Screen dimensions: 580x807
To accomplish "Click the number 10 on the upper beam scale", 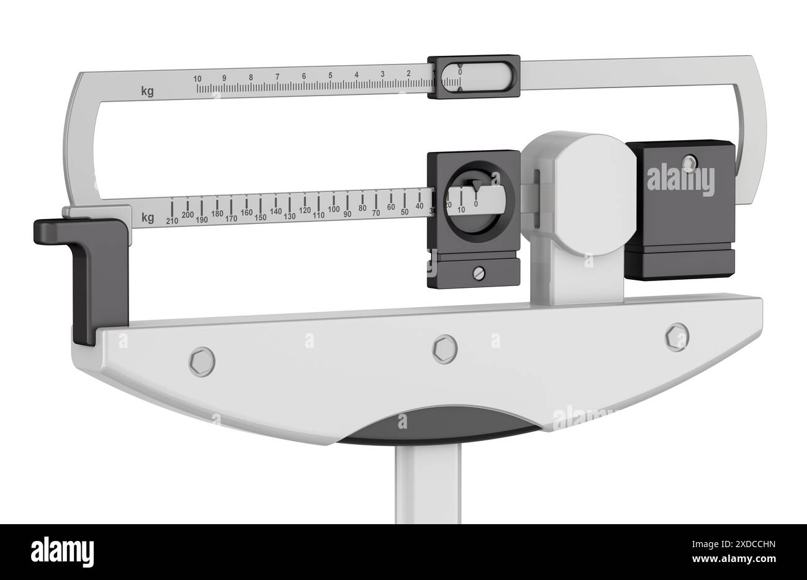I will [x=197, y=79].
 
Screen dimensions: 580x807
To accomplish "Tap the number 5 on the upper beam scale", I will [x=330, y=76].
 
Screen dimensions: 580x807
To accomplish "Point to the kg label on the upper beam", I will [x=147, y=92].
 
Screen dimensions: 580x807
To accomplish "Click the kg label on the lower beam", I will [x=148, y=218].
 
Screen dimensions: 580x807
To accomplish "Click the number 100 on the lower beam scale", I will [x=334, y=209].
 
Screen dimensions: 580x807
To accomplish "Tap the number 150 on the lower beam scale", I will [x=261, y=217].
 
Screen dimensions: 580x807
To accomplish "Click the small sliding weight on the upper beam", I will [x=474, y=78].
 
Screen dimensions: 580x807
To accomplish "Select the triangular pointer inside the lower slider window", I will [x=476, y=185].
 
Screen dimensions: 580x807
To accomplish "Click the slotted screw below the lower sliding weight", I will [x=477, y=271].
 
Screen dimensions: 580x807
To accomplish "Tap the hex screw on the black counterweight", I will [x=688, y=163].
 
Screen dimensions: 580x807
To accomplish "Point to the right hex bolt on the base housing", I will [x=676, y=337].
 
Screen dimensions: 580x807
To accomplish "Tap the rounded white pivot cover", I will [x=590, y=192].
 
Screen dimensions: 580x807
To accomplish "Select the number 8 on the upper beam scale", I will [x=251, y=78].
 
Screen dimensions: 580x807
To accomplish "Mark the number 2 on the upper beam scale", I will [x=408, y=74].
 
